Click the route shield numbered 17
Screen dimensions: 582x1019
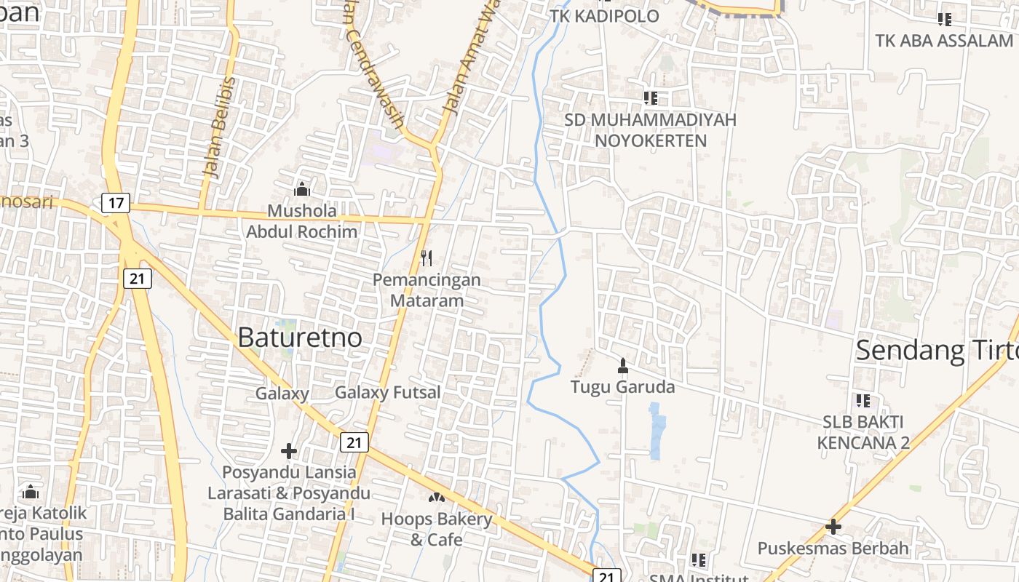(x=116, y=202)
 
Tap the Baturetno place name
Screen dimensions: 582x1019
(x=300, y=338)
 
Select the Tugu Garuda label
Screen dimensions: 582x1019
(x=622, y=386)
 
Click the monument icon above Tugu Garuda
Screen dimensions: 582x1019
(x=622, y=365)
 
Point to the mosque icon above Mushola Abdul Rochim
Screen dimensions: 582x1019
(x=302, y=190)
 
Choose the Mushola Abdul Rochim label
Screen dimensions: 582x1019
(x=302, y=221)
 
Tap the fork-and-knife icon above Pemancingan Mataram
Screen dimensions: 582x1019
(x=427, y=258)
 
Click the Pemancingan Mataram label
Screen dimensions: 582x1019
(x=427, y=290)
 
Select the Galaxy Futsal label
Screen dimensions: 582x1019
(x=387, y=393)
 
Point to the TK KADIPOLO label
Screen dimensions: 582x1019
(x=604, y=16)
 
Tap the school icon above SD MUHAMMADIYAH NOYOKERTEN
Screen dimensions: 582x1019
(x=650, y=97)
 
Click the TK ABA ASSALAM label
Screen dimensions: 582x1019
(x=944, y=41)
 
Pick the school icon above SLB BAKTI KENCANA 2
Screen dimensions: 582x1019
(x=863, y=400)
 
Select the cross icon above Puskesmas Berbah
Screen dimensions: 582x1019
(x=833, y=526)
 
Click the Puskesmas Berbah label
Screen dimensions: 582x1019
(x=833, y=548)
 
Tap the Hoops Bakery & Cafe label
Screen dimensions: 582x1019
(x=437, y=529)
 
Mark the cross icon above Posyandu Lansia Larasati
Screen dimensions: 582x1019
(x=289, y=451)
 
